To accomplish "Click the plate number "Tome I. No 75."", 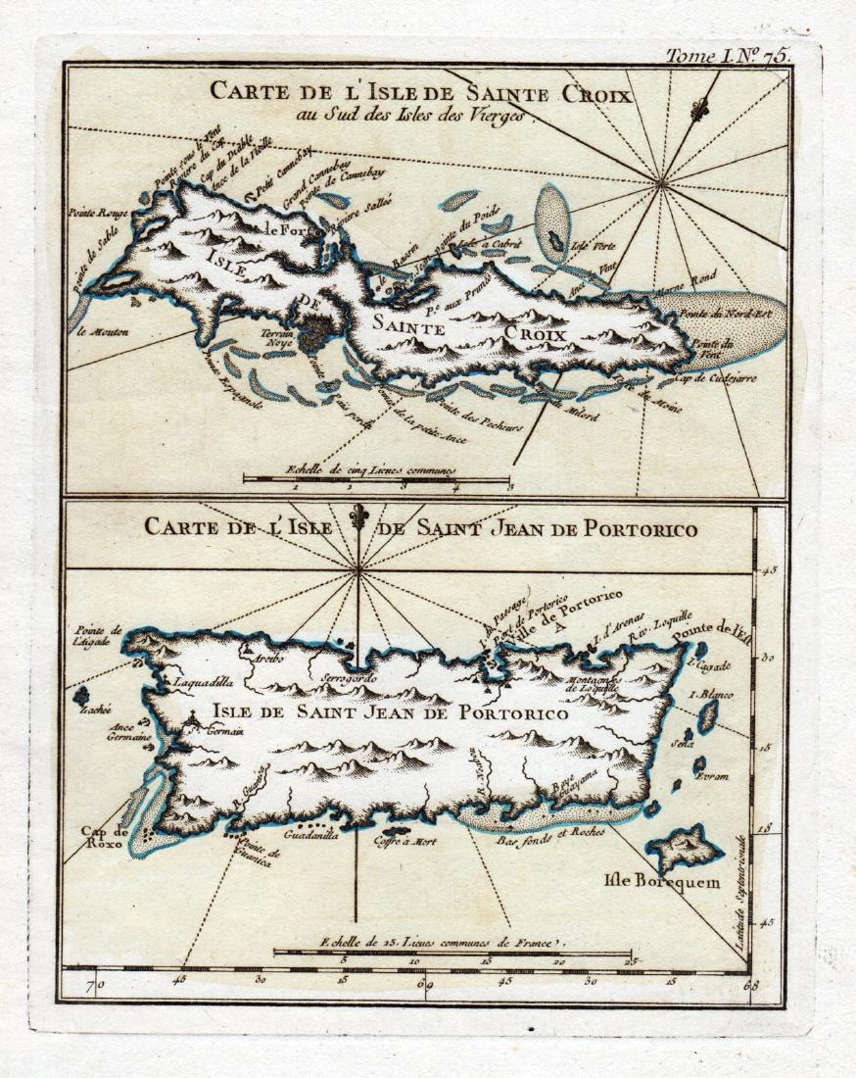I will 727,55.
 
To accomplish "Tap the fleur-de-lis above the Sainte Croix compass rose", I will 697,110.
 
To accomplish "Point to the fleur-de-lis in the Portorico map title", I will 358,517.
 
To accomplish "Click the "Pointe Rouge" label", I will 92,212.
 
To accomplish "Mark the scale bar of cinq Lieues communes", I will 377,479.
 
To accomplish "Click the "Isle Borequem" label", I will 647,880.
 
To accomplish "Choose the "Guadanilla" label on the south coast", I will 309,836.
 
